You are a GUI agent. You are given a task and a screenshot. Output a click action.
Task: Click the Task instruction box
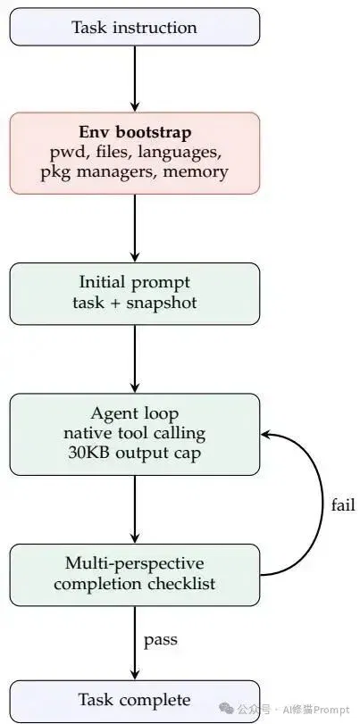135,27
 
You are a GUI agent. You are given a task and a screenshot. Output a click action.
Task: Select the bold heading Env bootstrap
135,132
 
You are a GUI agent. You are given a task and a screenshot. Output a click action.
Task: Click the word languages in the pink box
186,153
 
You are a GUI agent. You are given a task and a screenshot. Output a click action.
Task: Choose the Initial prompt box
135,294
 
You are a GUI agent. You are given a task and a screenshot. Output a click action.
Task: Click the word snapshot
162,303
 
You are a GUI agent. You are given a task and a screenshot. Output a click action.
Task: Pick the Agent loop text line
135,413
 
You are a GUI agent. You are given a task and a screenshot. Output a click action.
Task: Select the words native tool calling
135,433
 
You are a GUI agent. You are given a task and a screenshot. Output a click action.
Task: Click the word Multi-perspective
135,564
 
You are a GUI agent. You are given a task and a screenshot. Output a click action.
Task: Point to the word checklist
181,584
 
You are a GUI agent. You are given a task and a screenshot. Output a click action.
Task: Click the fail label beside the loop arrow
343,504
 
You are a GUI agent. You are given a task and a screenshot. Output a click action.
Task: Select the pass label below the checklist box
161,640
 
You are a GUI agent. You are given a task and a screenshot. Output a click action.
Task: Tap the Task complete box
135,700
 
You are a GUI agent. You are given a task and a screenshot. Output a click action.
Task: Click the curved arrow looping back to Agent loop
323,504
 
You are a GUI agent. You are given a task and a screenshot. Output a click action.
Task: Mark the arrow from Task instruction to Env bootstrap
135,79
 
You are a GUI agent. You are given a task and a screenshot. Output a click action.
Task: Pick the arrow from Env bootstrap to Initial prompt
135,229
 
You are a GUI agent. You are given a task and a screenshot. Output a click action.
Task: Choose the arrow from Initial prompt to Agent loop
135,359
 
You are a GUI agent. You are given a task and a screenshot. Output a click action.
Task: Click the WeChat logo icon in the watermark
226,708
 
